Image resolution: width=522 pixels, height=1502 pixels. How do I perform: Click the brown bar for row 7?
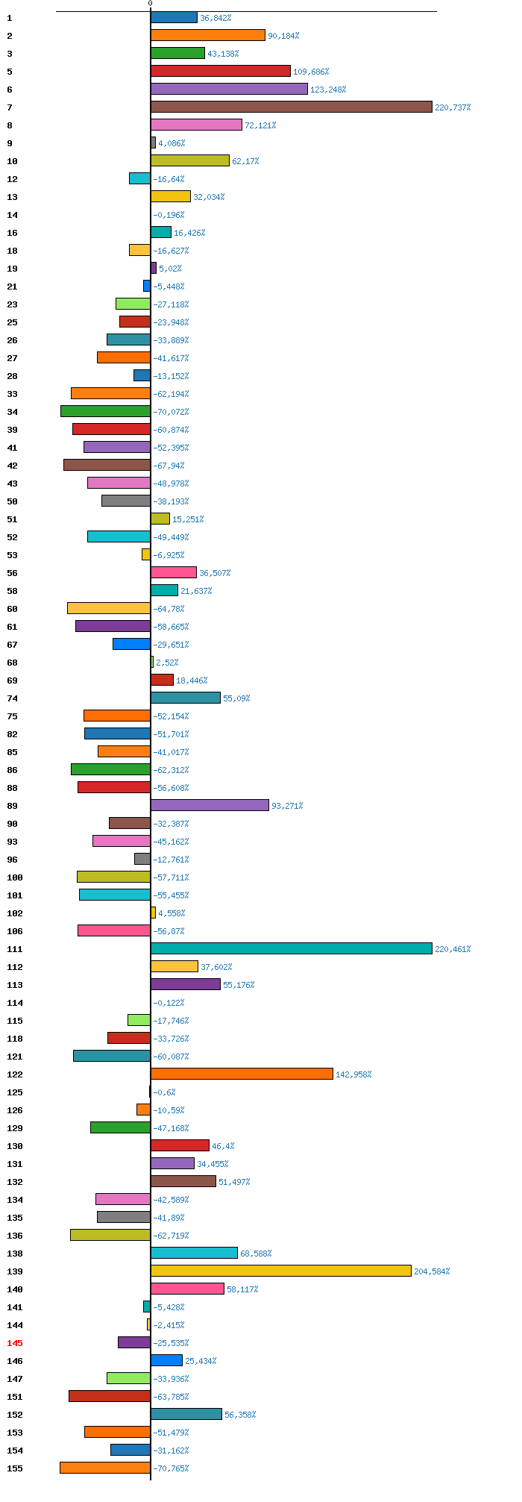[x=292, y=107]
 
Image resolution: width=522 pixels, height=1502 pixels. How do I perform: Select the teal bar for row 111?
[x=292, y=948]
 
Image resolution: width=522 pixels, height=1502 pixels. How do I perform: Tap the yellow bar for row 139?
[x=281, y=1271]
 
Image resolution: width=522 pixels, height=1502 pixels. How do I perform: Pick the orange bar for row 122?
[x=242, y=1074]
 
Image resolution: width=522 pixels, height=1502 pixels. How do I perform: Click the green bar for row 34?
[x=105, y=411]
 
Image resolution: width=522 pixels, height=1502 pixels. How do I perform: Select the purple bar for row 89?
[x=210, y=805]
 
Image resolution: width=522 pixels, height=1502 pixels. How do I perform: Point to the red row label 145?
[x=15, y=1343]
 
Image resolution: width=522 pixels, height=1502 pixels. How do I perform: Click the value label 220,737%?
[x=453, y=107]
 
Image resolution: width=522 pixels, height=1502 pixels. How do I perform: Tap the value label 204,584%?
[x=432, y=1271]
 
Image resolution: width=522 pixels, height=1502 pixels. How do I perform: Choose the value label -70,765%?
[x=171, y=1468]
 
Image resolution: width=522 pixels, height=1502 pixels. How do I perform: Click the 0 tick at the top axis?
[x=150, y=4]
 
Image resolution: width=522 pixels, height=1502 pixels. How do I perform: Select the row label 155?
[x=15, y=1468]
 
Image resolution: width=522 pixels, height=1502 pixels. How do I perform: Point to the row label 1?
[x=10, y=18]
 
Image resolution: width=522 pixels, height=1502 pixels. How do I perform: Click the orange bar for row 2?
[x=208, y=35]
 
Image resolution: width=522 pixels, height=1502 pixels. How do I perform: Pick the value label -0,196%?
[x=169, y=215]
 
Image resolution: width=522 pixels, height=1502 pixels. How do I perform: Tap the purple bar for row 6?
[x=229, y=89]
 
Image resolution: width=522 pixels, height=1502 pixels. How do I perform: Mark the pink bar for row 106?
[x=114, y=930]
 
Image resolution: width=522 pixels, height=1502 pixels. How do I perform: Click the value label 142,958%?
[x=353, y=1074]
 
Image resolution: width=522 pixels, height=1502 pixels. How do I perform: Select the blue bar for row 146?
[x=166, y=1360]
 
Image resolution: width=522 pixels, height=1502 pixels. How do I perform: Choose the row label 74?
[x=12, y=698]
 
